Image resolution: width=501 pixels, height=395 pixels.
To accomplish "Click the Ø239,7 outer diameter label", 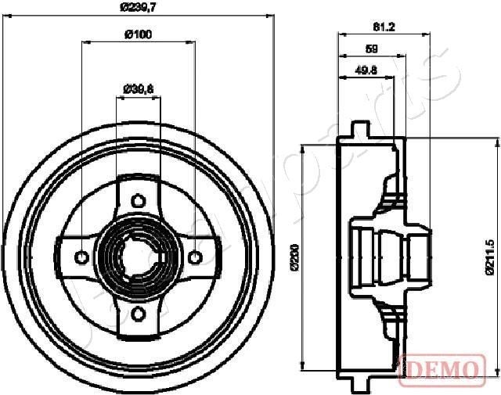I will tap(139, 8).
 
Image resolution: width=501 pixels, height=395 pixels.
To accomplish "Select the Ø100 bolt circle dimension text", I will tap(139, 34).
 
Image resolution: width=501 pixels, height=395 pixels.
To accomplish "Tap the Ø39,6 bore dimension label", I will tap(138, 88).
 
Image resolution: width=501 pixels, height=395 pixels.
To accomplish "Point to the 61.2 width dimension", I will tap(384, 27).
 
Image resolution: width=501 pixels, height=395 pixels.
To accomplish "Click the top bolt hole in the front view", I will tap(138, 197).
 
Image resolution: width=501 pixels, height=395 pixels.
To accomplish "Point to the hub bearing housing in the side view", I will tap(391, 255).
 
